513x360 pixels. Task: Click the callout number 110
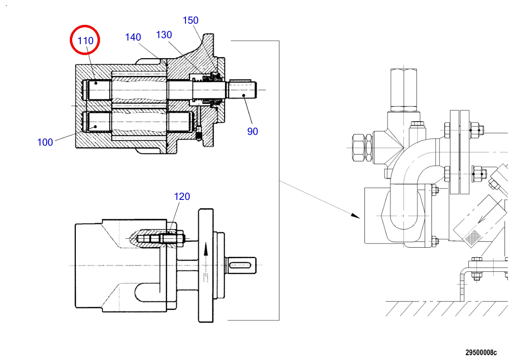pyautogui.click(x=85, y=41)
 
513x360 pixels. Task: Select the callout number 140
pyautogui.click(x=133, y=37)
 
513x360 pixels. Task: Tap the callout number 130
pyautogui.click(x=164, y=35)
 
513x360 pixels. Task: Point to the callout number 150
pyautogui.click(x=191, y=20)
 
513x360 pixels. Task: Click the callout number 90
pyautogui.click(x=252, y=132)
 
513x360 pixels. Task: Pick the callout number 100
pyautogui.click(x=45, y=142)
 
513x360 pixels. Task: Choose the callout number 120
pyautogui.click(x=182, y=197)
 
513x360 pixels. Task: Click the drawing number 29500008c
pyautogui.click(x=481, y=352)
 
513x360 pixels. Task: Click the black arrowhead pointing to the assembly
pyautogui.click(x=355, y=216)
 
